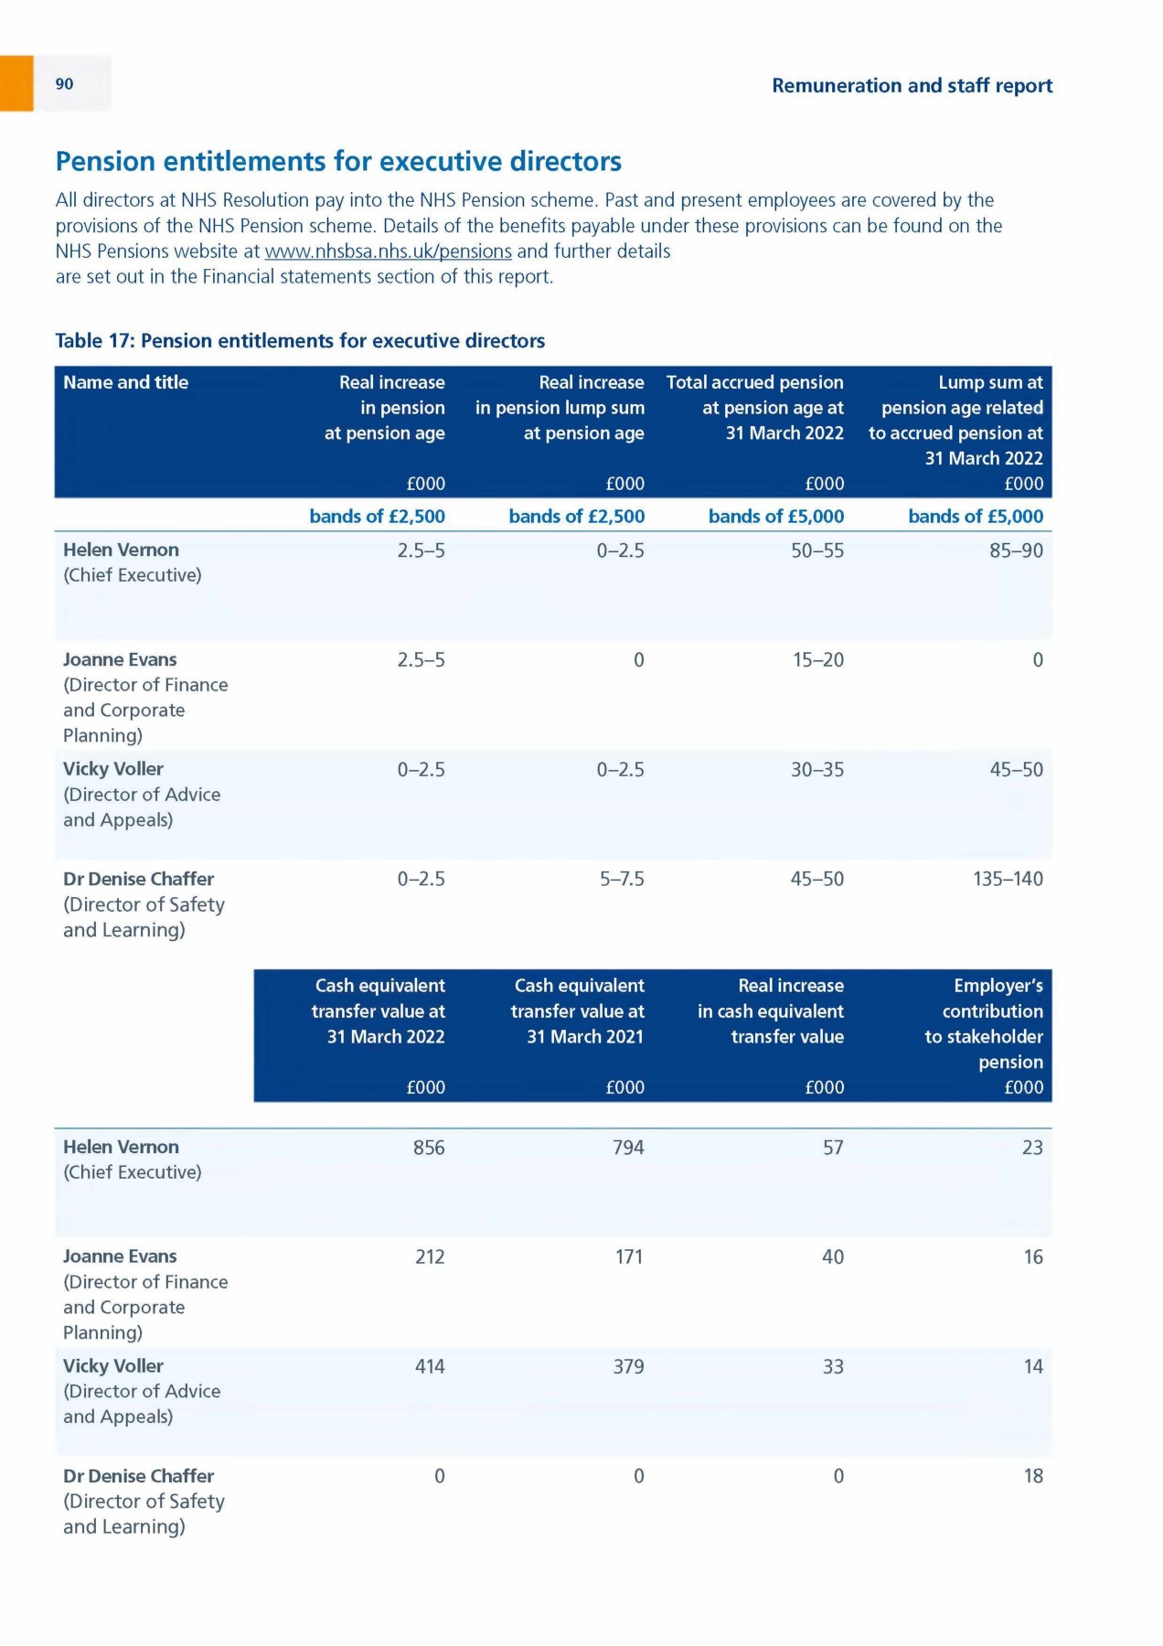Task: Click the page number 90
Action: click(64, 84)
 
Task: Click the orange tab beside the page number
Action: click(16, 83)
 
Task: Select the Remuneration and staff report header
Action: click(912, 86)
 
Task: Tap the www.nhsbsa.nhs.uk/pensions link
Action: click(388, 251)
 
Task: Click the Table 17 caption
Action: click(300, 341)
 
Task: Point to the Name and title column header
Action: click(126, 382)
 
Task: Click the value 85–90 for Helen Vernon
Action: click(1016, 550)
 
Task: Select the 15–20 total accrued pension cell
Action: click(817, 660)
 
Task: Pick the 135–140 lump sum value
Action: click(1008, 880)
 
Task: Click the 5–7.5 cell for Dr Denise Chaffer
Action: click(622, 880)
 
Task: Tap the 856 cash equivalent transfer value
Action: click(429, 1148)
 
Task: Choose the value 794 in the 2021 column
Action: click(628, 1148)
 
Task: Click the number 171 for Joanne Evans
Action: click(629, 1257)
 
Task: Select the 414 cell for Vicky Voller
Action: click(430, 1367)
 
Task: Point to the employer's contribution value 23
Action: click(1032, 1148)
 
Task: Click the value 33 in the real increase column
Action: click(832, 1367)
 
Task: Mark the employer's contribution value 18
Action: click(1033, 1477)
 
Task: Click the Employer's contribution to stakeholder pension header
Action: click(984, 1023)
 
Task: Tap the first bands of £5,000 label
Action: click(776, 517)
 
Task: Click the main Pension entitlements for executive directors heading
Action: click(338, 162)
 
